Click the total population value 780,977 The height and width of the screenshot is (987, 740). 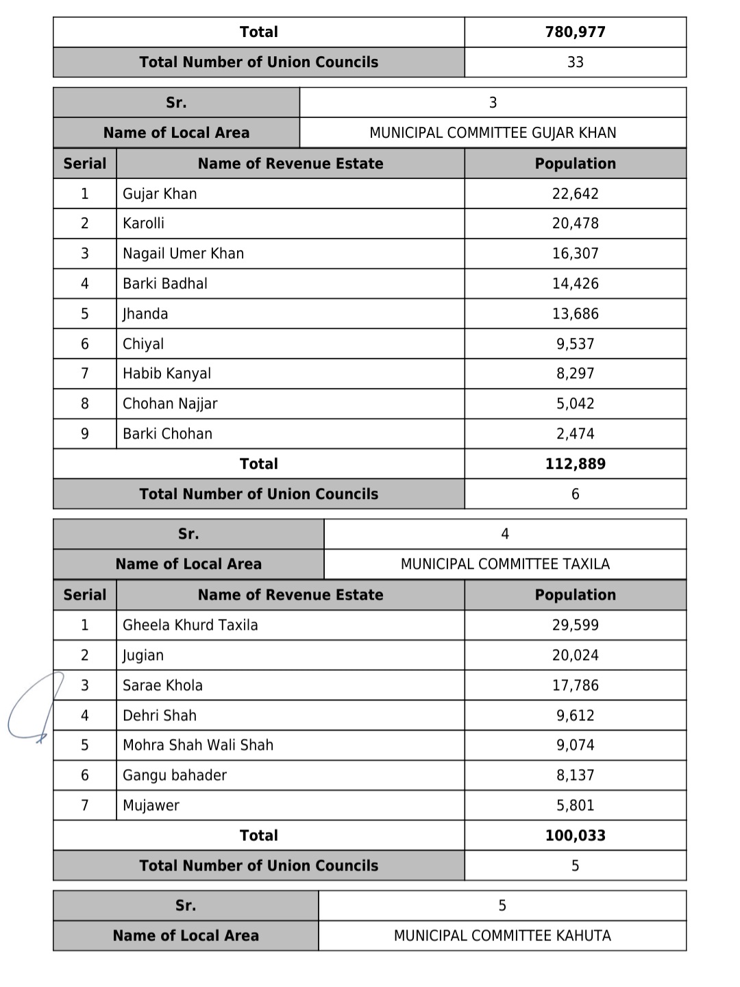click(575, 32)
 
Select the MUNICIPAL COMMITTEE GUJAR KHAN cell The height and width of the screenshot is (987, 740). click(493, 133)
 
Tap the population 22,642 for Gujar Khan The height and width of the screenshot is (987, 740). click(575, 194)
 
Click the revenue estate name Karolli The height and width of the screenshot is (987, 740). click(143, 223)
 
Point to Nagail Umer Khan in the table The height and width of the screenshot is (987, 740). click(183, 254)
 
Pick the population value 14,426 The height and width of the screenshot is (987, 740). click(575, 284)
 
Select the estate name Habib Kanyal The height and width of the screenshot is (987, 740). click(166, 374)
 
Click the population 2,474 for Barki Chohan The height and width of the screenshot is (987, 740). click(575, 434)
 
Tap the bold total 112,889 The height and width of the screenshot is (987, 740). click(575, 464)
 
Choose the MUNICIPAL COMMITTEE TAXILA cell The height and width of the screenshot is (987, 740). click(505, 564)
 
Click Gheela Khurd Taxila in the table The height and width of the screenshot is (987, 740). click(190, 625)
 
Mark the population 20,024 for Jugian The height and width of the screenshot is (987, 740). click(575, 655)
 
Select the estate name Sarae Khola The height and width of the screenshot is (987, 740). click(162, 685)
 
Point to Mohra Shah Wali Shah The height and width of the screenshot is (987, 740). click(197, 745)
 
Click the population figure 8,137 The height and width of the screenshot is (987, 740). click(575, 775)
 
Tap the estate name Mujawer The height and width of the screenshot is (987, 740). click(151, 805)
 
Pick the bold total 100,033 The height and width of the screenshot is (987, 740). click(575, 836)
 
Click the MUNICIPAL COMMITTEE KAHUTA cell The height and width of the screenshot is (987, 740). click(502, 936)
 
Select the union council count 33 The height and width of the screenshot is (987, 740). click(575, 62)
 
